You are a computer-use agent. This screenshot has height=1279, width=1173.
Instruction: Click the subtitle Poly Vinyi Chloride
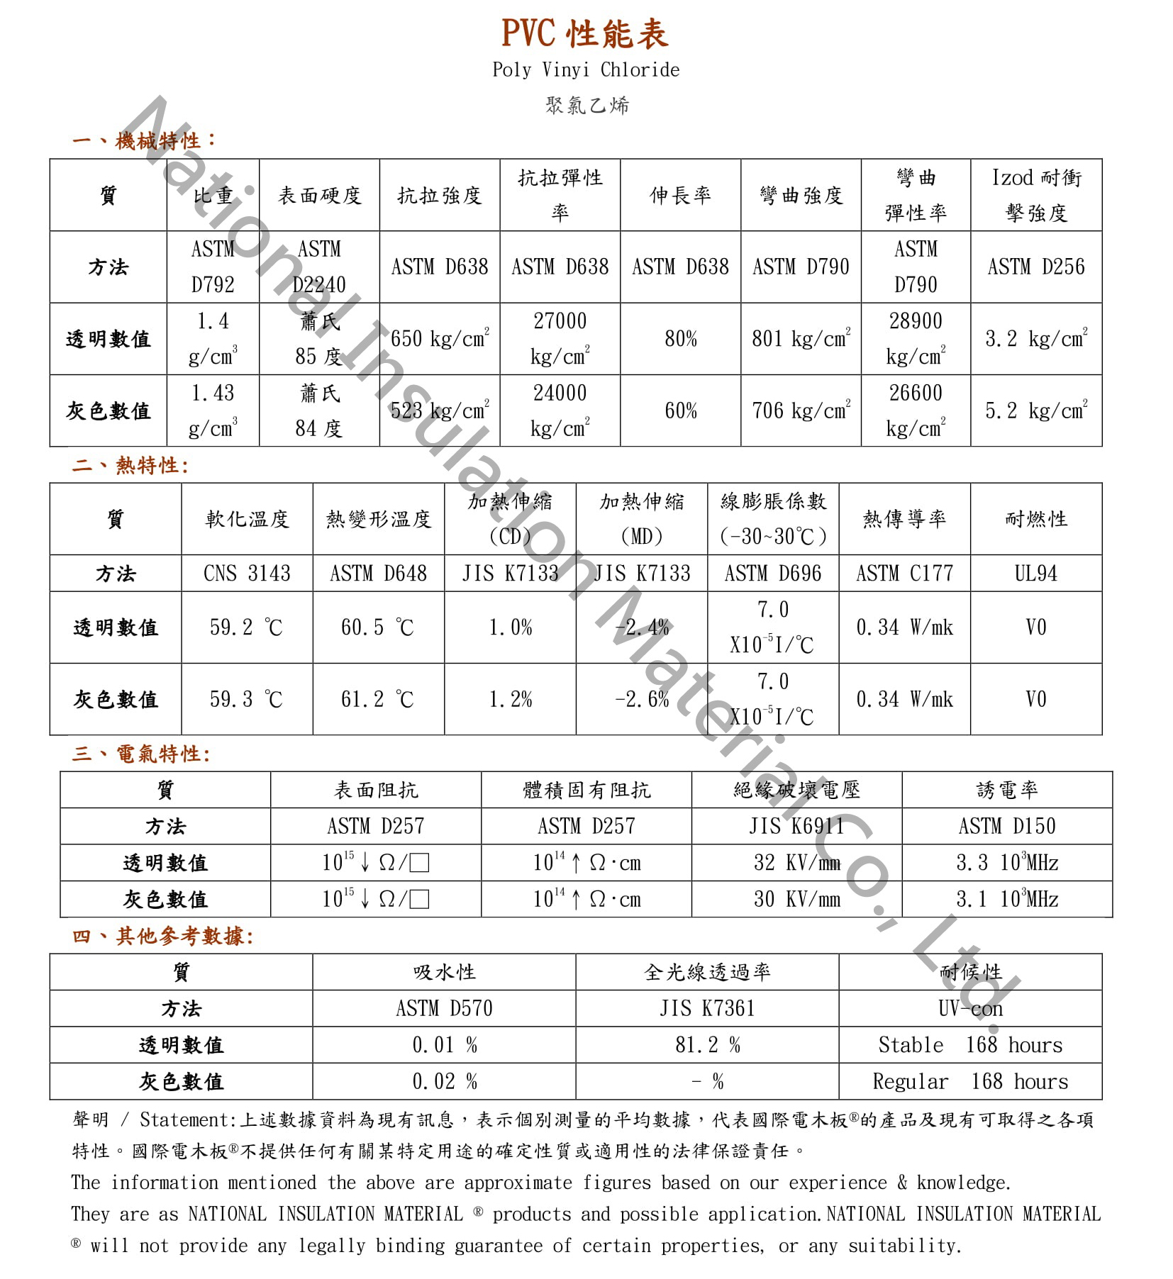[586, 70]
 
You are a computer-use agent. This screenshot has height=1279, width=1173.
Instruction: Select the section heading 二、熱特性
[130, 466]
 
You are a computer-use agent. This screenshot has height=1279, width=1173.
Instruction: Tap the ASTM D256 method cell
[1035, 267]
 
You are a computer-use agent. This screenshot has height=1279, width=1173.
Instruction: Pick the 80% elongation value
[680, 340]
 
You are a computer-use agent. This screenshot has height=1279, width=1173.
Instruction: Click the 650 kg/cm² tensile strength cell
[440, 339]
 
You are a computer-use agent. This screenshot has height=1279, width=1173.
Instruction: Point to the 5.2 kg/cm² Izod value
[1035, 411]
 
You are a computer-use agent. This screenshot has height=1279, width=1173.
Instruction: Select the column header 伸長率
[680, 196]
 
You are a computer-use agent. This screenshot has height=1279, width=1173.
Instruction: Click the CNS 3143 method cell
[247, 574]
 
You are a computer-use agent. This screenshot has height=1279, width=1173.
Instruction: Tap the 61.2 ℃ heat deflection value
[377, 700]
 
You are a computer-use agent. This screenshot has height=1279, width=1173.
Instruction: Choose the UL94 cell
[1035, 574]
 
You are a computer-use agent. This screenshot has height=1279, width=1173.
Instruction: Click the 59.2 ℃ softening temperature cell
[246, 627]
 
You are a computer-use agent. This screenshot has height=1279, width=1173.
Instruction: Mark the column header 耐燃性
[1035, 520]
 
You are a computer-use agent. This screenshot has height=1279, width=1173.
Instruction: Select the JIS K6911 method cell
[796, 827]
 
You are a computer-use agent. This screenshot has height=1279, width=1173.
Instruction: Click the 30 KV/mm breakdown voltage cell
[796, 900]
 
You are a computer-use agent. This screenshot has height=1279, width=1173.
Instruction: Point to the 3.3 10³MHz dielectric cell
[1006, 863]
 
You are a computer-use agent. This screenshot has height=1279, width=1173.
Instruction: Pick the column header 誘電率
[1006, 790]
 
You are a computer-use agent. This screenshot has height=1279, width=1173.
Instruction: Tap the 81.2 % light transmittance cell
[707, 1045]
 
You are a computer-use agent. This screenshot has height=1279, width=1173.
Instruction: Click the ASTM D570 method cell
[444, 1008]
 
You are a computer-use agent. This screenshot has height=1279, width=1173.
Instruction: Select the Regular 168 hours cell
[969, 1082]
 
